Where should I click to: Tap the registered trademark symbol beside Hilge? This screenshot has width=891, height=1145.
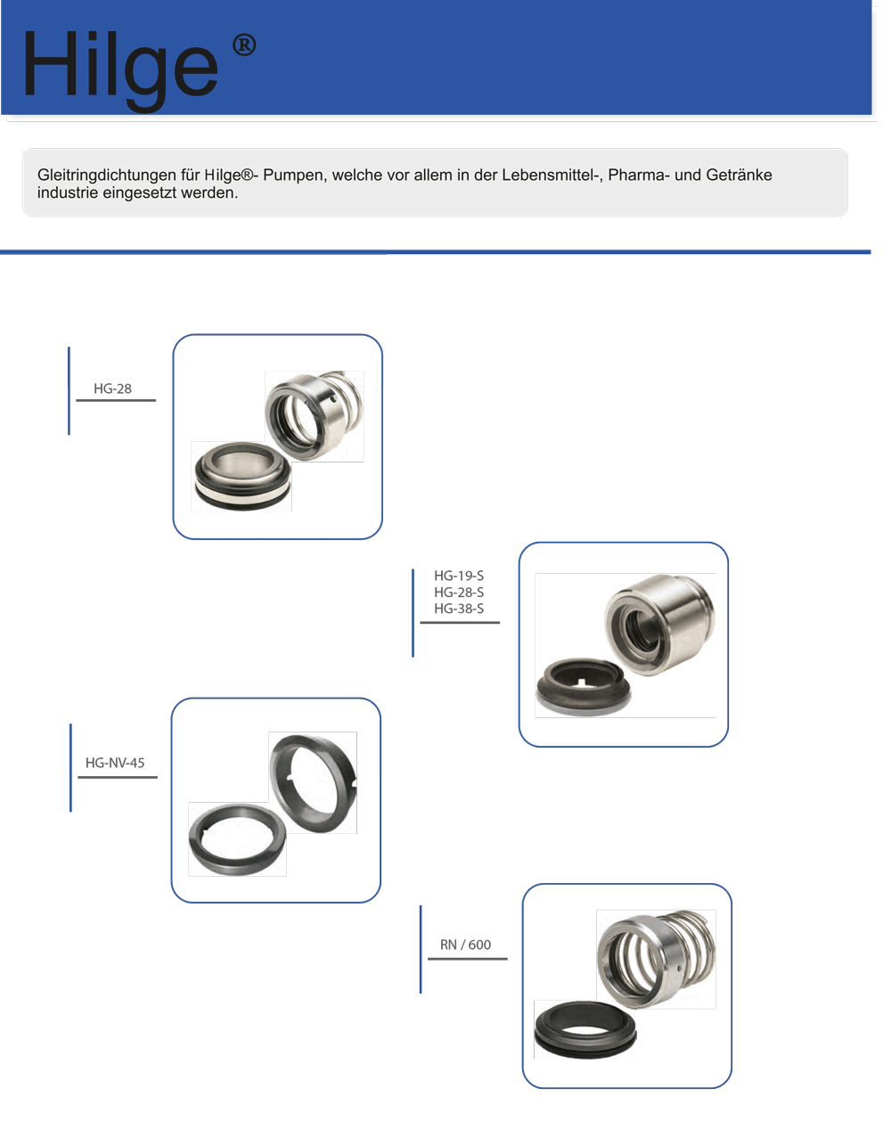point(244,45)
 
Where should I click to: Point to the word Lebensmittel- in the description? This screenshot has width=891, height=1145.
point(552,176)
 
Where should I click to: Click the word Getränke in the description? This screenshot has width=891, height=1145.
point(739,176)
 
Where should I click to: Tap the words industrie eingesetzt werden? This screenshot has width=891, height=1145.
point(137,192)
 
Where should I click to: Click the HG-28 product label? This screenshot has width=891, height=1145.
point(112,388)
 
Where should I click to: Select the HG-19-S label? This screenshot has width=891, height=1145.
point(459,576)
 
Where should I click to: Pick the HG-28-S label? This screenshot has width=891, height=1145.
point(459,593)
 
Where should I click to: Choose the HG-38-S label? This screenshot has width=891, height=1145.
point(459,609)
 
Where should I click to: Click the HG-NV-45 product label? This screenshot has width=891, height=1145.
point(115,763)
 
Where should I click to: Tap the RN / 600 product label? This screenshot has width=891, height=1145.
point(465,945)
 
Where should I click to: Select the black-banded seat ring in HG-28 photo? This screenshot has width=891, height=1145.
point(241,476)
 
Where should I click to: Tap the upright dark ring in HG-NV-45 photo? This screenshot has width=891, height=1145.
point(313,781)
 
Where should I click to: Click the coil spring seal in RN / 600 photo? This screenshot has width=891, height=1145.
point(654,958)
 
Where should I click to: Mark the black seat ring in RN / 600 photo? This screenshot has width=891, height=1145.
point(584,1029)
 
